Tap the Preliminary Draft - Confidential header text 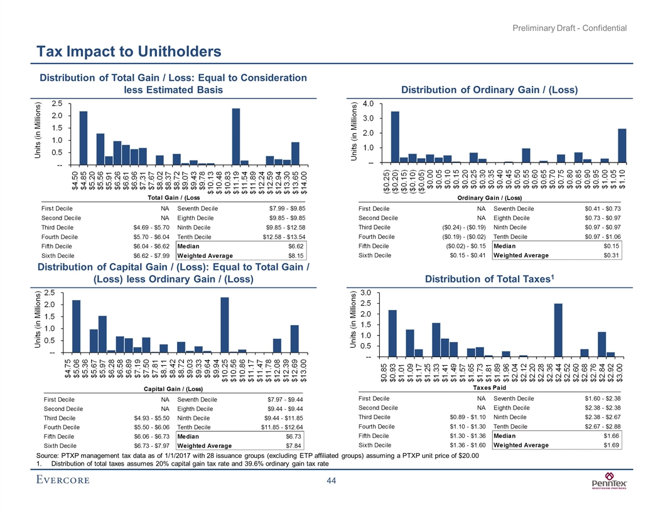[x=572, y=28]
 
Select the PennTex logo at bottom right [x=606, y=483]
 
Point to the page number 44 [x=331, y=481]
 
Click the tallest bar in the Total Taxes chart [x=558, y=330]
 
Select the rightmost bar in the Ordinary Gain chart [x=622, y=146]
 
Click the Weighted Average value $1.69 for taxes [x=610, y=445]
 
